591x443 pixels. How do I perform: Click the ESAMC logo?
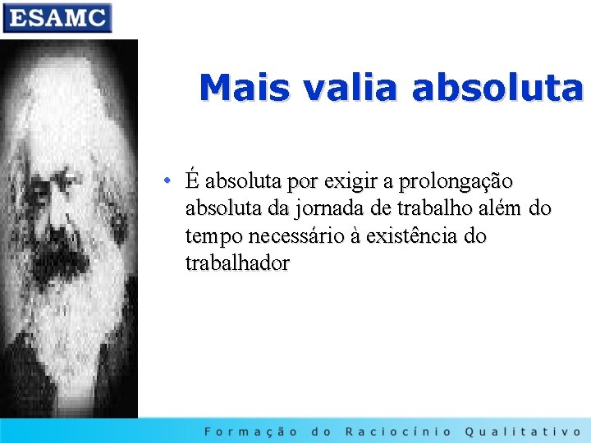(x=57, y=17)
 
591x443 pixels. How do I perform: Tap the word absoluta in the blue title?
(x=497, y=88)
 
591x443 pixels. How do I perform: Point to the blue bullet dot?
(x=166, y=180)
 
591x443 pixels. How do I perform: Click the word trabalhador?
(x=237, y=264)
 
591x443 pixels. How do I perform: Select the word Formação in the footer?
(x=251, y=431)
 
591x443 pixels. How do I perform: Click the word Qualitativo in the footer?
(x=523, y=431)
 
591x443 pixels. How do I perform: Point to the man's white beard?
(x=66, y=295)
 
